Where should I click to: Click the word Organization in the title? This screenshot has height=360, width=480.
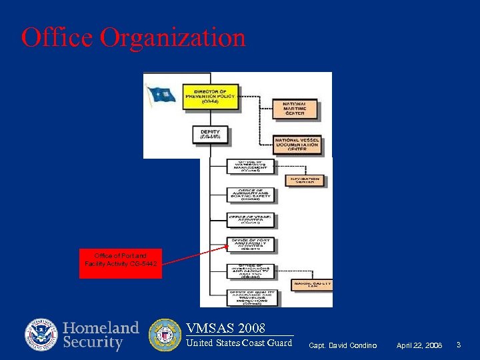pos(173,38)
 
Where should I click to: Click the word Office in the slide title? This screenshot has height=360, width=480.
pos(57,37)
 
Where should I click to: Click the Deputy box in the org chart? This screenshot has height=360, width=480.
pos(210,134)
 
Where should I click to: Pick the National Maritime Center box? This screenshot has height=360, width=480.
pos(294,109)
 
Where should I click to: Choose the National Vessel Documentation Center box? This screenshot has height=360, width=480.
pos(297,144)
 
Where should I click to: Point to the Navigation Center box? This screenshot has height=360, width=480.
pos(305,180)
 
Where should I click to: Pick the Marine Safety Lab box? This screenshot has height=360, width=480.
pos(312,285)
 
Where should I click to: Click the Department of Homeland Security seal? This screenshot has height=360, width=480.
pos(41,335)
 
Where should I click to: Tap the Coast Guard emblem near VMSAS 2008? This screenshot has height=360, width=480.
pos(164,335)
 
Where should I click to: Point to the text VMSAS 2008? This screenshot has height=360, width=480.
pos(225,328)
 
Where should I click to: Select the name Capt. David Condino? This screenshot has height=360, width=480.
pos(343,345)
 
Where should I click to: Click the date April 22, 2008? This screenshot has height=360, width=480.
pos(419,345)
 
